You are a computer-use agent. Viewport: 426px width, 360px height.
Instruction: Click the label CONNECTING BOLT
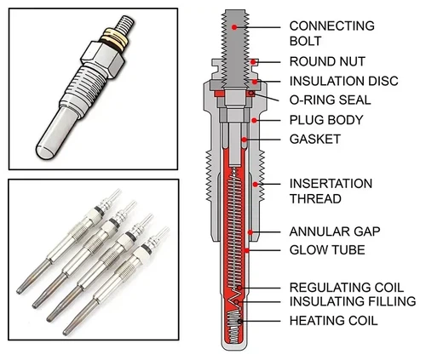click(x=331, y=33)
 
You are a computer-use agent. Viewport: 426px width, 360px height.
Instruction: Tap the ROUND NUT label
click(x=327, y=61)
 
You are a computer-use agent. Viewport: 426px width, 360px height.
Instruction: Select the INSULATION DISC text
click(x=343, y=81)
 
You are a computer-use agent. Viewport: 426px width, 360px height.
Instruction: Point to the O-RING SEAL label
click(x=330, y=100)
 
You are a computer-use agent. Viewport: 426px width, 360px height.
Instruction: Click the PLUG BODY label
click(x=326, y=120)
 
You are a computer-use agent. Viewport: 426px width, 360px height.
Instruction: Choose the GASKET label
click(x=315, y=140)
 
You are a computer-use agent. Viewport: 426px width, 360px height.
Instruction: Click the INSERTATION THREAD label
click(x=331, y=191)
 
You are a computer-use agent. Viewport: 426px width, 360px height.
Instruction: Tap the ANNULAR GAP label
click(x=335, y=231)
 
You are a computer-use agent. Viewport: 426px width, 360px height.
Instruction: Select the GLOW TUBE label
click(x=327, y=250)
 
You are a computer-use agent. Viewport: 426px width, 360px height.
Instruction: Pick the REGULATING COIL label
click(x=347, y=288)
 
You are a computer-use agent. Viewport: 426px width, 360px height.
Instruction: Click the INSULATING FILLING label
click(x=353, y=301)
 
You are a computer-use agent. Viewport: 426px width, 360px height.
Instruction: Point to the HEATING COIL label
click(x=333, y=321)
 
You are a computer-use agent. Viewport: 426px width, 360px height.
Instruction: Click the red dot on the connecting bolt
click(x=234, y=27)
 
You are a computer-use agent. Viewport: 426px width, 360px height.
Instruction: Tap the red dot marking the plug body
click(x=254, y=121)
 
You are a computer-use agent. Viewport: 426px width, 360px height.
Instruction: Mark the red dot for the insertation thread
click(x=256, y=185)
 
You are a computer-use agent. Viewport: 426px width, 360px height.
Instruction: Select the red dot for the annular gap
click(x=250, y=232)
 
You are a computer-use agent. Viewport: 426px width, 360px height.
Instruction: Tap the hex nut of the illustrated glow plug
click(x=103, y=59)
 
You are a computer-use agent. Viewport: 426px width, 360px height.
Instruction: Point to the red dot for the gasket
click(x=244, y=140)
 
